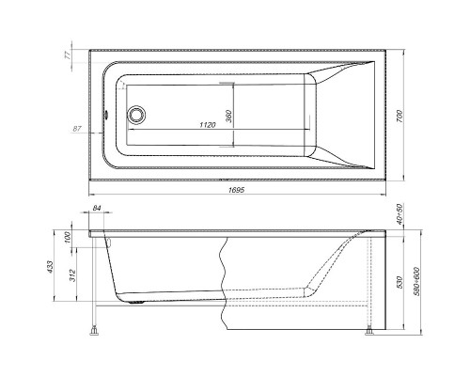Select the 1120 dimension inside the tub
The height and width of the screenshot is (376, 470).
[211, 123]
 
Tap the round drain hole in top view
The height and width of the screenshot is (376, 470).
[137, 115]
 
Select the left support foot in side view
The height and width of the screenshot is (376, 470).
[94, 330]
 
